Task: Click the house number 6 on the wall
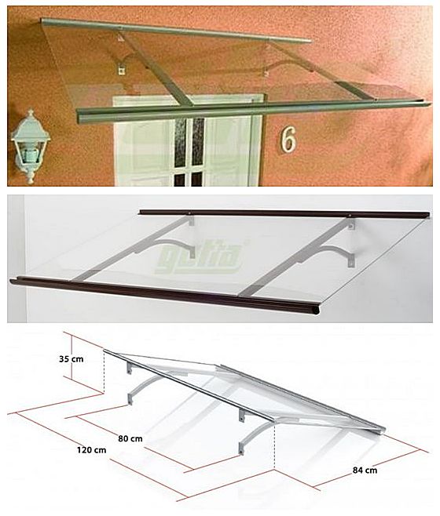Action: pyautogui.click(x=288, y=140)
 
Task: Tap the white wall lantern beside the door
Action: pyautogui.click(x=30, y=145)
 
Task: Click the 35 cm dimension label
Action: pyautogui.click(x=71, y=359)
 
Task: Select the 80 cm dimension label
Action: pyautogui.click(x=130, y=438)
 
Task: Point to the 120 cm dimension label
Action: pyautogui.click(x=92, y=449)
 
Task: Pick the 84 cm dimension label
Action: pyautogui.click(x=365, y=471)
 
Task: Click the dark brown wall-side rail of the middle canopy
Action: pyautogui.click(x=284, y=213)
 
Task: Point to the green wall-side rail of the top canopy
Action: pyautogui.click(x=176, y=31)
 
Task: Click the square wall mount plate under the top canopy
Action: pyautogui.click(x=122, y=71)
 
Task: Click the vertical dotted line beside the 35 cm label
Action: pyautogui.click(x=104, y=372)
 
